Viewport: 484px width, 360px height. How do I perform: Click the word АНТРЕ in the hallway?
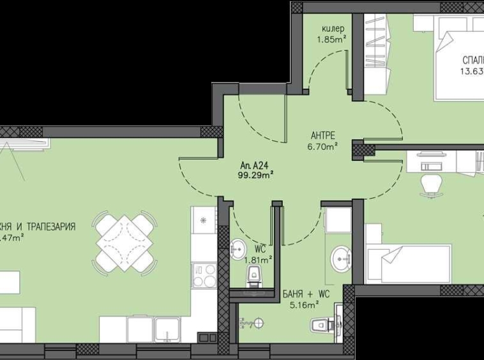(323, 135)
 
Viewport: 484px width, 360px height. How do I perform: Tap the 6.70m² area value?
(323, 146)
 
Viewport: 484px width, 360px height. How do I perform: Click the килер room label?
(332, 29)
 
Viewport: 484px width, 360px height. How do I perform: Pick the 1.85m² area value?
(332, 39)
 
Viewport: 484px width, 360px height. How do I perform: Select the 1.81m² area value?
(260, 259)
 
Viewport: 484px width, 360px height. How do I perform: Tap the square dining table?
(125, 243)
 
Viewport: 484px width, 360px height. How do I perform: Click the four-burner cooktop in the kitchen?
(204, 275)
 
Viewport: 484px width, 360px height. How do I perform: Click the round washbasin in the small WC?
(238, 248)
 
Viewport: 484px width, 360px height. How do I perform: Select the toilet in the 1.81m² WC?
(253, 277)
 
